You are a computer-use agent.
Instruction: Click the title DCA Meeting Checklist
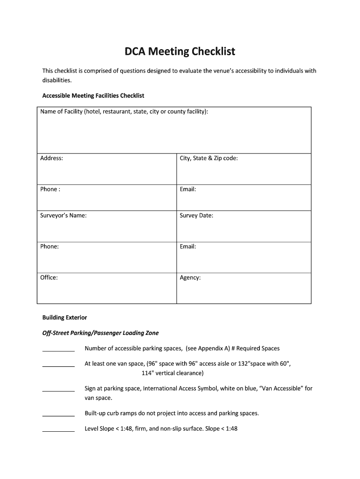click(x=180, y=51)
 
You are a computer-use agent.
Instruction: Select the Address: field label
click(x=51, y=158)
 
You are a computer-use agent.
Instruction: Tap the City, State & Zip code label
click(x=209, y=158)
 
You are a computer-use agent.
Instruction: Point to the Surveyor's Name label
click(x=63, y=216)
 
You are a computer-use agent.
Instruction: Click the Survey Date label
click(x=196, y=216)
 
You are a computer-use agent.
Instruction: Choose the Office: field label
click(x=49, y=277)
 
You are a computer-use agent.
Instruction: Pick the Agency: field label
click(x=190, y=277)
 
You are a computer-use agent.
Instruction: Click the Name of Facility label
click(x=124, y=112)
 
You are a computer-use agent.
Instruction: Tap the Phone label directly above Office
click(x=50, y=247)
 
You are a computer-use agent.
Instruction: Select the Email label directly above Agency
click(x=188, y=247)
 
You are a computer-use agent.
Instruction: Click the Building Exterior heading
click(x=65, y=317)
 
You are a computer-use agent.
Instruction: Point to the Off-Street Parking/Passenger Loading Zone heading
click(x=101, y=333)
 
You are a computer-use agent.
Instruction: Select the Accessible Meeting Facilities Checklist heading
click(x=93, y=95)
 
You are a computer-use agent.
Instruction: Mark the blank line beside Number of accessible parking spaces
click(x=58, y=350)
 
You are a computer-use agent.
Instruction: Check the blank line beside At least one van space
click(x=58, y=366)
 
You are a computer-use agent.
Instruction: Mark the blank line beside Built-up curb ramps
click(x=58, y=415)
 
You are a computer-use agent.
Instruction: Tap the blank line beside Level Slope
click(x=58, y=431)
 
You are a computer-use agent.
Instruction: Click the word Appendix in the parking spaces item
click(x=211, y=348)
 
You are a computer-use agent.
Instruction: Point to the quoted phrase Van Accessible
click(x=280, y=388)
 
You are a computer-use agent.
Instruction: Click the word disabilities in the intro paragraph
click(x=57, y=80)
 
